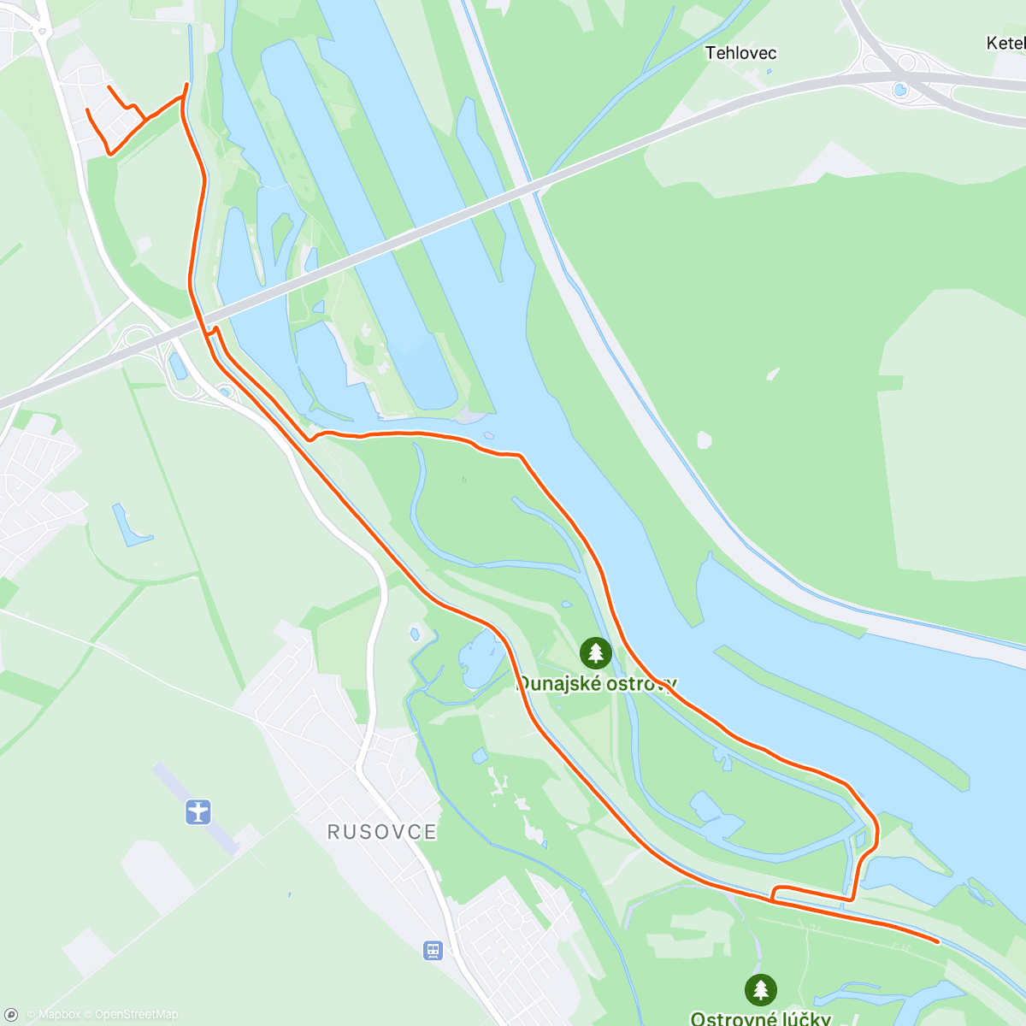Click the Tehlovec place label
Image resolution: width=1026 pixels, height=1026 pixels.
pyautogui.click(x=740, y=53)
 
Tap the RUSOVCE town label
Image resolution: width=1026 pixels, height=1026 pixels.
pyautogui.click(x=381, y=832)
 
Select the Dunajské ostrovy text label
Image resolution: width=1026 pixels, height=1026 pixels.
pyautogui.click(x=597, y=683)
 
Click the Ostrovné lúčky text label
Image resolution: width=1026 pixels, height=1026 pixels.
pyautogui.click(x=760, y=1017)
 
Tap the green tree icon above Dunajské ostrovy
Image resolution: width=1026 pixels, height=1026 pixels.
pyautogui.click(x=596, y=653)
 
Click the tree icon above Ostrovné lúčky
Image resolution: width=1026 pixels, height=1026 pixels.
pyautogui.click(x=760, y=990)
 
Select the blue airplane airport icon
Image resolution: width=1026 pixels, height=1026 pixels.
pyautogui.click(x=198, y=811)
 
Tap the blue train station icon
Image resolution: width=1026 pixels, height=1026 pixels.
pyautogui.click(x=433, y=950)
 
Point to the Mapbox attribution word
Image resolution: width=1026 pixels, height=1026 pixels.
pyautogui.click(x=59, y=1015)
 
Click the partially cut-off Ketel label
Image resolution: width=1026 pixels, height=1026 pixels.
pyautogui.click(x=1005, y=43)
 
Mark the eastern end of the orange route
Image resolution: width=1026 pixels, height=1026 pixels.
pyautogui.click(x=938, y=941)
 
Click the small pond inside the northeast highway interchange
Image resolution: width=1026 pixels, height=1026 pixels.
pyautogui.click(x=899, y=90)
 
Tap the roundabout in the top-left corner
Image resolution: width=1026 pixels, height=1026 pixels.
pyautogui.click(x=40, y=32)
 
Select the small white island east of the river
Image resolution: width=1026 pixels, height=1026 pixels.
pyautogui.click(x=704, y=440)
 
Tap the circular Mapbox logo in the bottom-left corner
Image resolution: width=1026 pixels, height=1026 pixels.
pyautogui.click(x=11, y=1015)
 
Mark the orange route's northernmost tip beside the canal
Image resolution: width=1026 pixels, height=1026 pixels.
pyautogui.click(x=187, y=84)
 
